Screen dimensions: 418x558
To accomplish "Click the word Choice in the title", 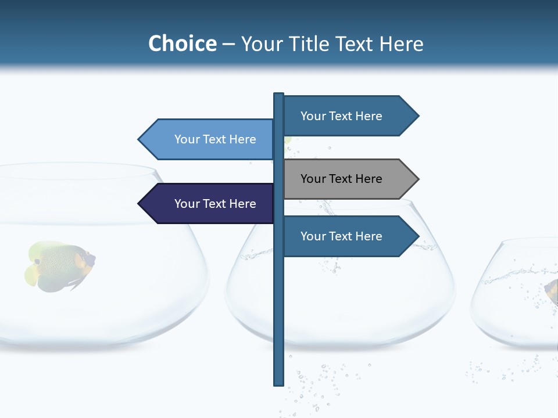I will (182, 44).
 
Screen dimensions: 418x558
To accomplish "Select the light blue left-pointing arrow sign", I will (209, 139).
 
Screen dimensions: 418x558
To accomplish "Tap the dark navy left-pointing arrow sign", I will (209, 204).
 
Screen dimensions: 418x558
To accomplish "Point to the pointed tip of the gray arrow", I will (417, 179).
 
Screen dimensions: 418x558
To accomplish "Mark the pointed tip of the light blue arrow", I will (139, 139).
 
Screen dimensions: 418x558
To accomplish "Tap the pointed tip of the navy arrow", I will (139, 204).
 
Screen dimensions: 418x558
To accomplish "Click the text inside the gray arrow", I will (341, 179).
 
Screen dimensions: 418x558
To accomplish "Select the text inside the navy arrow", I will (215, 204).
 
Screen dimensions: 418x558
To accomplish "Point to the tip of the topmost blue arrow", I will (417, 116).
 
